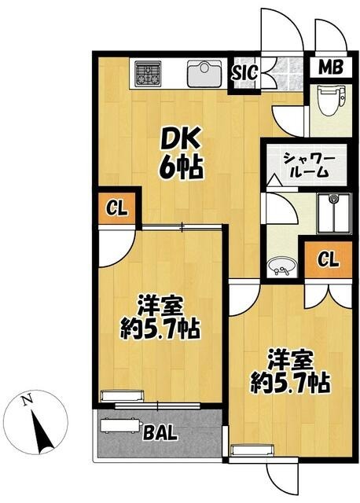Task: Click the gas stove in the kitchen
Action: click(x=147, y=74)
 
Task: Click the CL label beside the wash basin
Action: click(x=330, y=260)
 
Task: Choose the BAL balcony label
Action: click(x=170, y=431)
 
